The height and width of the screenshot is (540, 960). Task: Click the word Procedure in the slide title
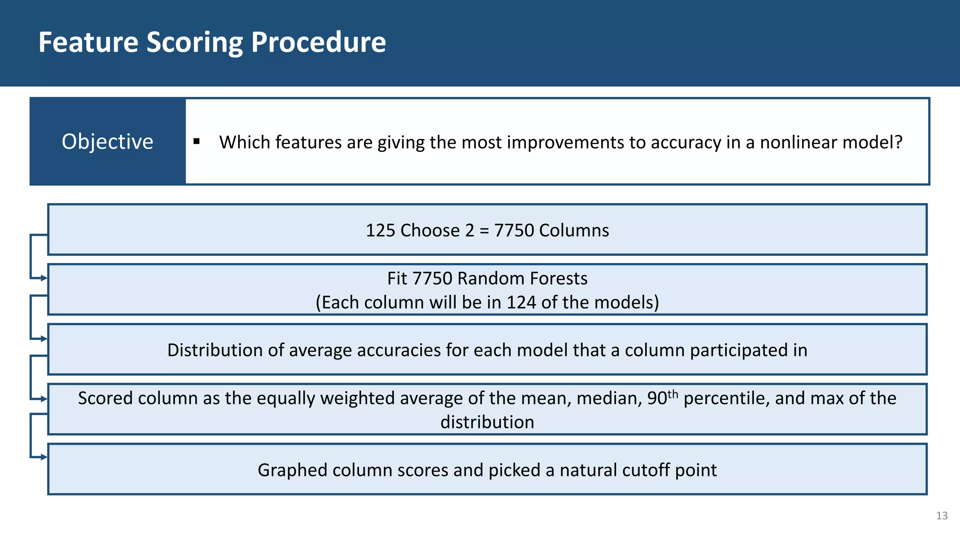tap(318, 43)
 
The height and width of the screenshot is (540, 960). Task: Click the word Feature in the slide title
tap(88, 43)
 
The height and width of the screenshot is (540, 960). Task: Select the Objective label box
tap(107, 142)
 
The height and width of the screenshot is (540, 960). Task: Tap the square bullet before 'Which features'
tap(196, 141)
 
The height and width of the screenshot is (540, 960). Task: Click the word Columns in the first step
tap(574, 231)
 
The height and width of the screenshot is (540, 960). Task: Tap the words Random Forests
tap(522, 278)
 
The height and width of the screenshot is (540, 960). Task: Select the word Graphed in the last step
tap(292, 470)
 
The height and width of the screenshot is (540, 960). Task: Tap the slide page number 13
tap(942, 516)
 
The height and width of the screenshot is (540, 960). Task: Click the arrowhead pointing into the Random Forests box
tap(44, 278)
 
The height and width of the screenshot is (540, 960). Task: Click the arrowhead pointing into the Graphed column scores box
tap(44, 457)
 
